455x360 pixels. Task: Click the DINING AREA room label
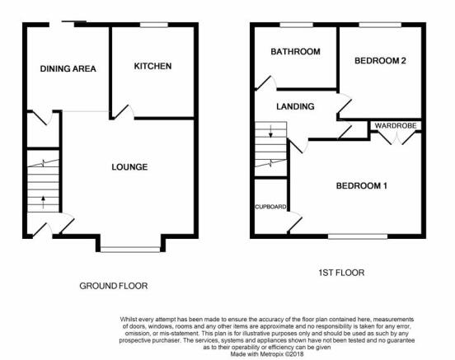(68, 68)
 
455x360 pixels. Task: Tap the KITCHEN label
(152, 66)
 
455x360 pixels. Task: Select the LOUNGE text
(129, 166)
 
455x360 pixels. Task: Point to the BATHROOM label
(295, 52)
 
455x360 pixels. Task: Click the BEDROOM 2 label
(380, 61)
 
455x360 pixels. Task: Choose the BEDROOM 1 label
(362, 185)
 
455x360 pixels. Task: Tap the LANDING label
(295, 106)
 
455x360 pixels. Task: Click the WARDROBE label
(396, 125)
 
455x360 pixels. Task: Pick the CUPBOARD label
(270, 207)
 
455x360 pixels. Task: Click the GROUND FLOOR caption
(114, 286)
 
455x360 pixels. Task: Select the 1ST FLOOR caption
(341, 273)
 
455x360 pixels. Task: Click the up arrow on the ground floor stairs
(43, 202)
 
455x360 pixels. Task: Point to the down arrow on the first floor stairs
(270, 131)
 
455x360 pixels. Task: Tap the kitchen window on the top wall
(154, 25)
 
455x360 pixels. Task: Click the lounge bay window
(130, 249)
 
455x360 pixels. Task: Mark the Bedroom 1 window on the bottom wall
(358, 236)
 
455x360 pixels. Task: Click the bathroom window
(297, 25)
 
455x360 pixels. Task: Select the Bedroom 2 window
(380, 25)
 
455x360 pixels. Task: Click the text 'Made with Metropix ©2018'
(267, 354)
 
